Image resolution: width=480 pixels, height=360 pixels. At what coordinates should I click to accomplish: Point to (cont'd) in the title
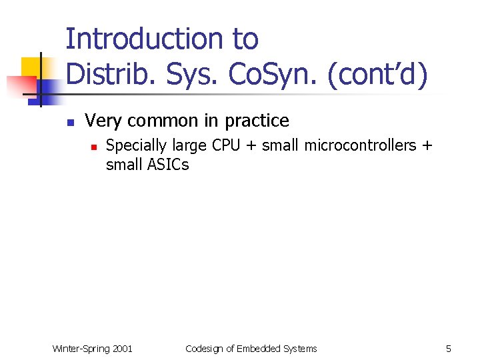[377, 75]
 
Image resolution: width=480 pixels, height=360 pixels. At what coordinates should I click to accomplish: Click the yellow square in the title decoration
[32, 67]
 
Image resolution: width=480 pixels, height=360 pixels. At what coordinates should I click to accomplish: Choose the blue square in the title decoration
[48, 88]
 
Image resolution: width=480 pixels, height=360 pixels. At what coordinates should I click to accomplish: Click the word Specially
[137, 145]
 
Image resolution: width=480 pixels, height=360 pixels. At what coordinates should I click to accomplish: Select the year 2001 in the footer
[123, 349]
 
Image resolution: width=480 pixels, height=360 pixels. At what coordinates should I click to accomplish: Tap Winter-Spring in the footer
[81, 349]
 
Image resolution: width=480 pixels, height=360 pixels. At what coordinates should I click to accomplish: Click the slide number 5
[449, 349]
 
